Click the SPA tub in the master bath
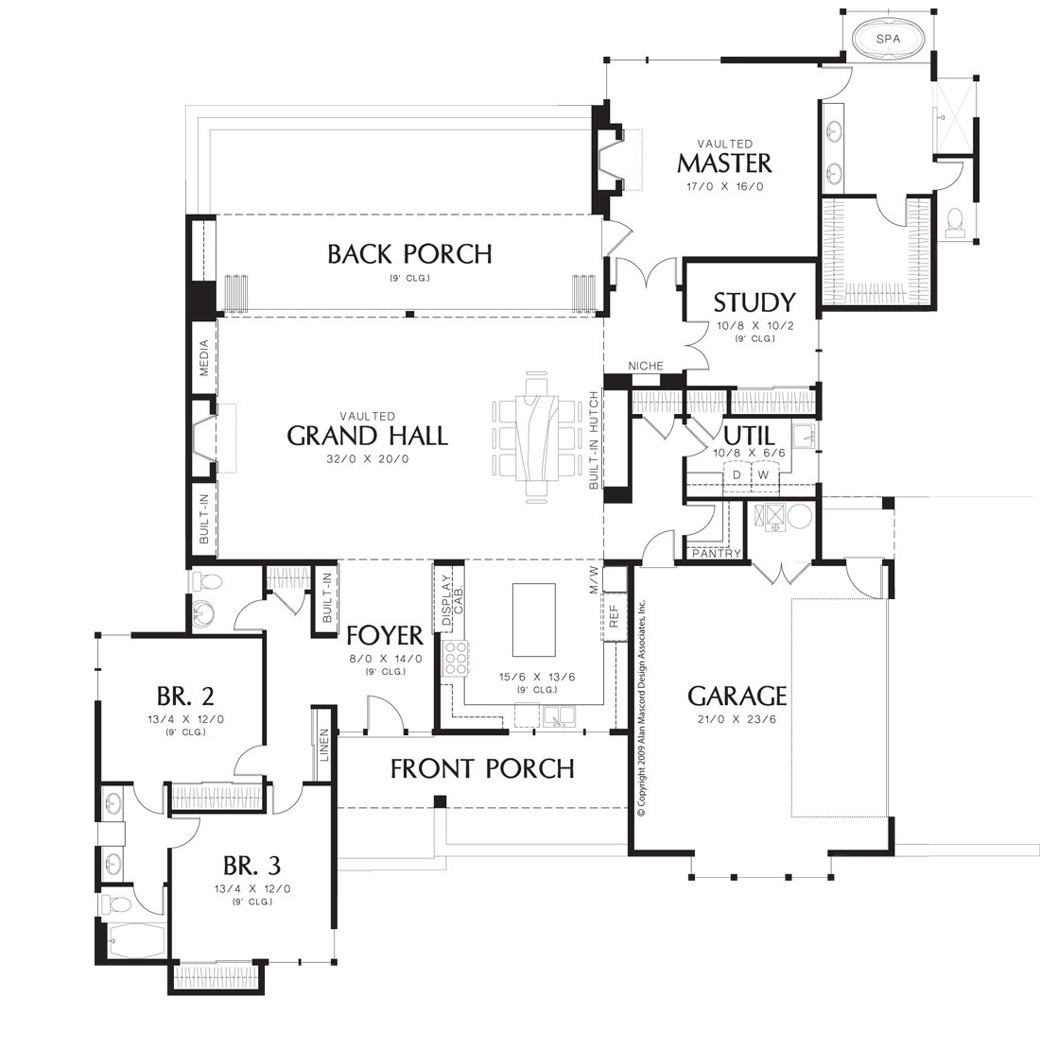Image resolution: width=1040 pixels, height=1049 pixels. tap(888, 39)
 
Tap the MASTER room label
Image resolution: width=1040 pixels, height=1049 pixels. tap(725, 163)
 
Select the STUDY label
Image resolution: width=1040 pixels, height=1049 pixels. tap(754, 303)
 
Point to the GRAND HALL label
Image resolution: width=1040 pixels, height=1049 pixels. tap(368, 437)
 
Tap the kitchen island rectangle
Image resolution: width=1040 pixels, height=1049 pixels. tap(533, 620)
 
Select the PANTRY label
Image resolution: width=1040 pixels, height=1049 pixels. tap(716, 553)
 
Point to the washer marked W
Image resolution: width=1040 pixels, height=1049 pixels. tap(764, 475)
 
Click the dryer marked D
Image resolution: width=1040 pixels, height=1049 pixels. tap(737, 475)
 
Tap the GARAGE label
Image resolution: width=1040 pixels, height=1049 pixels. tap(737, 696)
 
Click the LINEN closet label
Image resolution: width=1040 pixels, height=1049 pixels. tap(324, 744)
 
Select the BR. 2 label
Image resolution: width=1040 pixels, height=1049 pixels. tap(185, 696)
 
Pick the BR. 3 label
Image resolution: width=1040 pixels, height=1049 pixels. tap(252, 866)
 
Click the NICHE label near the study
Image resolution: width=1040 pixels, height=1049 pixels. tap(646, 366)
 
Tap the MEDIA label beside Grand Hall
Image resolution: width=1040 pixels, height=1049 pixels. tap(204, 358)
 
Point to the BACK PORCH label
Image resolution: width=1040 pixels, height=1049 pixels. tap(409, 254)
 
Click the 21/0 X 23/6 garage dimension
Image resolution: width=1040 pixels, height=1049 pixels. tap(737, 720)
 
